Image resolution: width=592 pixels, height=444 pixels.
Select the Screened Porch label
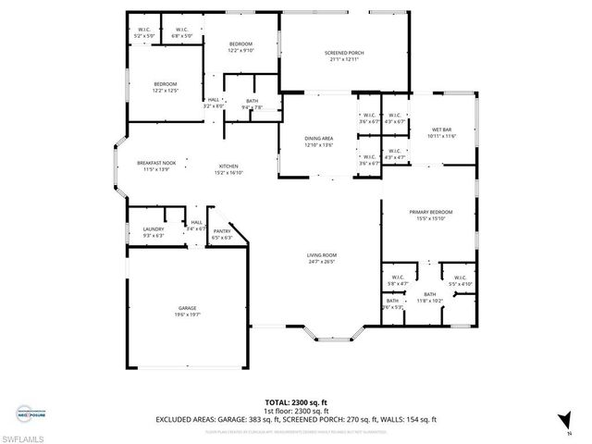pyautogui.click(x=344, y=54)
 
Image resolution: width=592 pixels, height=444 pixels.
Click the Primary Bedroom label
pyautogui.click(x=428, y=212)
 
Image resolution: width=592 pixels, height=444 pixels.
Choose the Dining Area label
pyautogui.click(x=318, y=139)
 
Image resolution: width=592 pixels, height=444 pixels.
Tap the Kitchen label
pyautogui.click(x=228, y=166)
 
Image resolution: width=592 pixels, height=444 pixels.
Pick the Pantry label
pyautogui.click(x=222, y=231)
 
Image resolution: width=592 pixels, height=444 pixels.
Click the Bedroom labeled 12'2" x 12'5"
pyautogui.click(x=165, y=84)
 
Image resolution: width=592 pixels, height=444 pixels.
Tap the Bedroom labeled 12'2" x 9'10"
pyautogui.click(x=240, y=43)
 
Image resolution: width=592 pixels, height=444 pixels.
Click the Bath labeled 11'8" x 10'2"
pyautogui.click(x=430, y=294)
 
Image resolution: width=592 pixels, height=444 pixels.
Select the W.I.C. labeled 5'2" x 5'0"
pyautogui.click(x=144, y=30)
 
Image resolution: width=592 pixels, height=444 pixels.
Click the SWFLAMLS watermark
pyautogui.click(x=23, y=435)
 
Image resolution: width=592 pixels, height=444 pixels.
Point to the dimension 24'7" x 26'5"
pyautogui.click(x=322, y=261)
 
